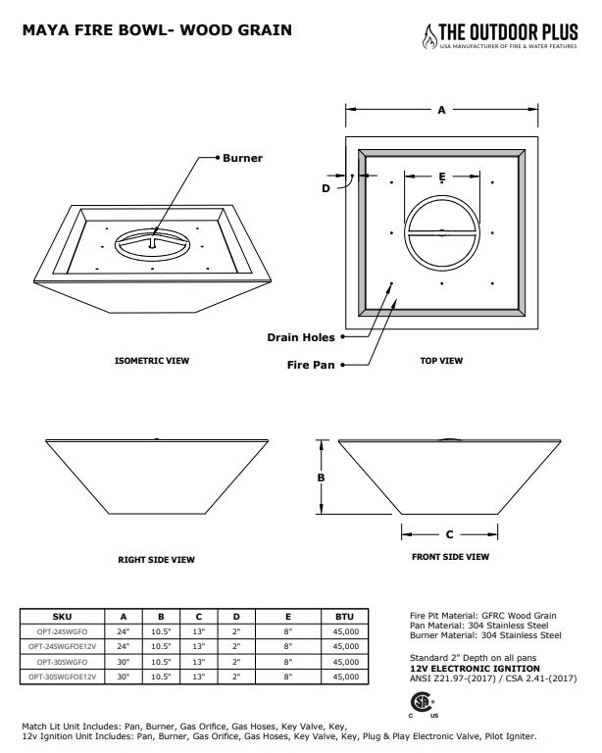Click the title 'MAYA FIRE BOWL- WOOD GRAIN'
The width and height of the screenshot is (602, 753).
point(157,30)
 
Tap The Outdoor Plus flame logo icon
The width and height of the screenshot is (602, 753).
point(428,36)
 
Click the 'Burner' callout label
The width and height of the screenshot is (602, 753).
point(242,158)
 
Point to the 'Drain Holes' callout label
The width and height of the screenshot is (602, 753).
point(301,337)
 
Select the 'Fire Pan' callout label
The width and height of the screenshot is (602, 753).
point(311,365)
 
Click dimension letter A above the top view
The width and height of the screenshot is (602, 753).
point(441,111)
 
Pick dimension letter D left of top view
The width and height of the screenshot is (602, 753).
point(326,188)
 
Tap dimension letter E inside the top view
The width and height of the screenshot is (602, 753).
point(442,176)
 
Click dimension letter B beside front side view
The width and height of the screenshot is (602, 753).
point(320,477)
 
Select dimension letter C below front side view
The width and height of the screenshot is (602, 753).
point(449,535)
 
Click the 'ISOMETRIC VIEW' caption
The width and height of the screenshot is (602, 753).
point(152,361)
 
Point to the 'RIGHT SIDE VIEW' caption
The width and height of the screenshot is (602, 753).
point(156,560)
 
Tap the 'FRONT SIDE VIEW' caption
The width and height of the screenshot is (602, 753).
point(450,557)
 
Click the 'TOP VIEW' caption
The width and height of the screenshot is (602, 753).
point(441,361)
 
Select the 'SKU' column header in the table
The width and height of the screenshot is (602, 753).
point(62,616)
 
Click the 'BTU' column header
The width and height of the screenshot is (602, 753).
point(345,616)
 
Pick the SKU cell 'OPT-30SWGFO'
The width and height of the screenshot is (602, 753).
point(62,662)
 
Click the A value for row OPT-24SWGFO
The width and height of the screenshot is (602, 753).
point(124,631)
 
